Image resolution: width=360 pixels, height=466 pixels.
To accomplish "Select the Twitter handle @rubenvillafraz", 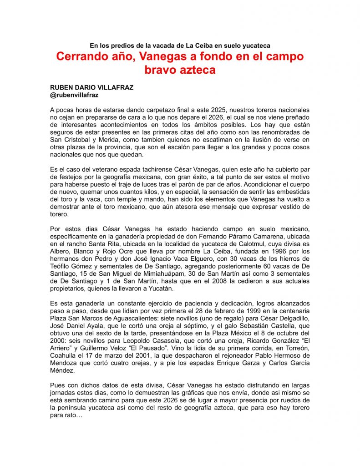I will (74, 95).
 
